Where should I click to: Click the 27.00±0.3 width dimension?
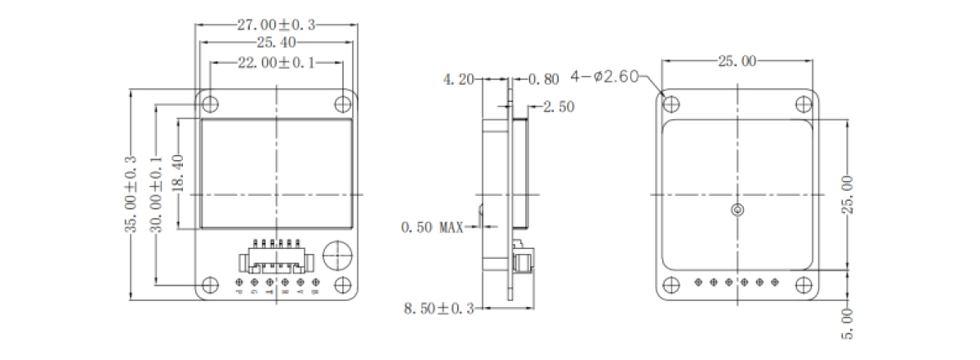coord(277,24)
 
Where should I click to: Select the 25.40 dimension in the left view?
coord(277,42)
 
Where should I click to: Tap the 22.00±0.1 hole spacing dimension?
coord(277,62)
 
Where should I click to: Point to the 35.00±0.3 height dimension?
coord(131,194)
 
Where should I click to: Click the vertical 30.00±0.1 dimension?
coord(156,194)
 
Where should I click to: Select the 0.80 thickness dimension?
coord(544,79)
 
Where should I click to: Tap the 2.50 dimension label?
coord(559,106)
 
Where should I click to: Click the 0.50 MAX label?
coord(432,227)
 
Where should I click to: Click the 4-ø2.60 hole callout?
coord(605,76)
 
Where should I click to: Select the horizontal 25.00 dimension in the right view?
coord(737,60)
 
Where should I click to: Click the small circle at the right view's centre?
coord(737,211)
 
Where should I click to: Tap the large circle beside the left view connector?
coord(337,256)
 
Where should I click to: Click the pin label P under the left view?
coord(239,291)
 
